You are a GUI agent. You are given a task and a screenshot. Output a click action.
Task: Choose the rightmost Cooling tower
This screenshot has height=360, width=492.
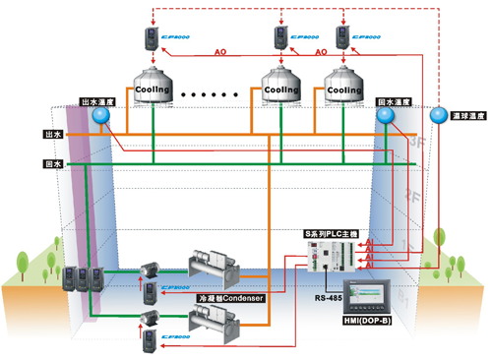(x=343, y=90)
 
